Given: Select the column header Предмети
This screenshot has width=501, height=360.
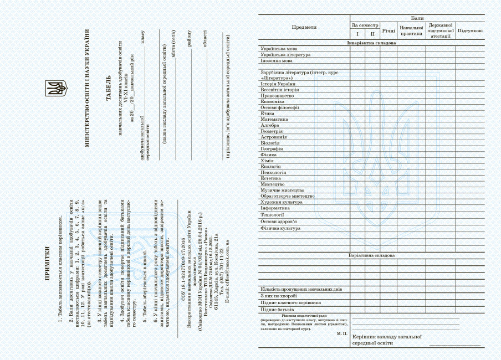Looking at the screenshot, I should [304, 27].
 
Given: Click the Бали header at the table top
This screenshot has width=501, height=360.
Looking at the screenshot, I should [417, 18].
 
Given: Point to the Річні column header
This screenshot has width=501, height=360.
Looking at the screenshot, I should [388, 30].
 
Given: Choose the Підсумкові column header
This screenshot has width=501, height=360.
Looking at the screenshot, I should [469, 30].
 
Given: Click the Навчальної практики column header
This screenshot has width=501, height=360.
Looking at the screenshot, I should [411, 30].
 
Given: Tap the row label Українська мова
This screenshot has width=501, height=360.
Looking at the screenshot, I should [279, 49].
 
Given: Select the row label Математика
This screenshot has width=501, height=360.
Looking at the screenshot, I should [274, 119].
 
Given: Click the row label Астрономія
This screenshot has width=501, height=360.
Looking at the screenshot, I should [274, 137].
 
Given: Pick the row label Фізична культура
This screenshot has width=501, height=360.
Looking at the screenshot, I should [280, 228].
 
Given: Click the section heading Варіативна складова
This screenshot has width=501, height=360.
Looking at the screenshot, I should [371, 255].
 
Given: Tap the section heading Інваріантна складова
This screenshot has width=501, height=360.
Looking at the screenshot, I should [371, 43].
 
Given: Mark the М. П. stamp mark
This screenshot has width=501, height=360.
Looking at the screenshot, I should [341, 335].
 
